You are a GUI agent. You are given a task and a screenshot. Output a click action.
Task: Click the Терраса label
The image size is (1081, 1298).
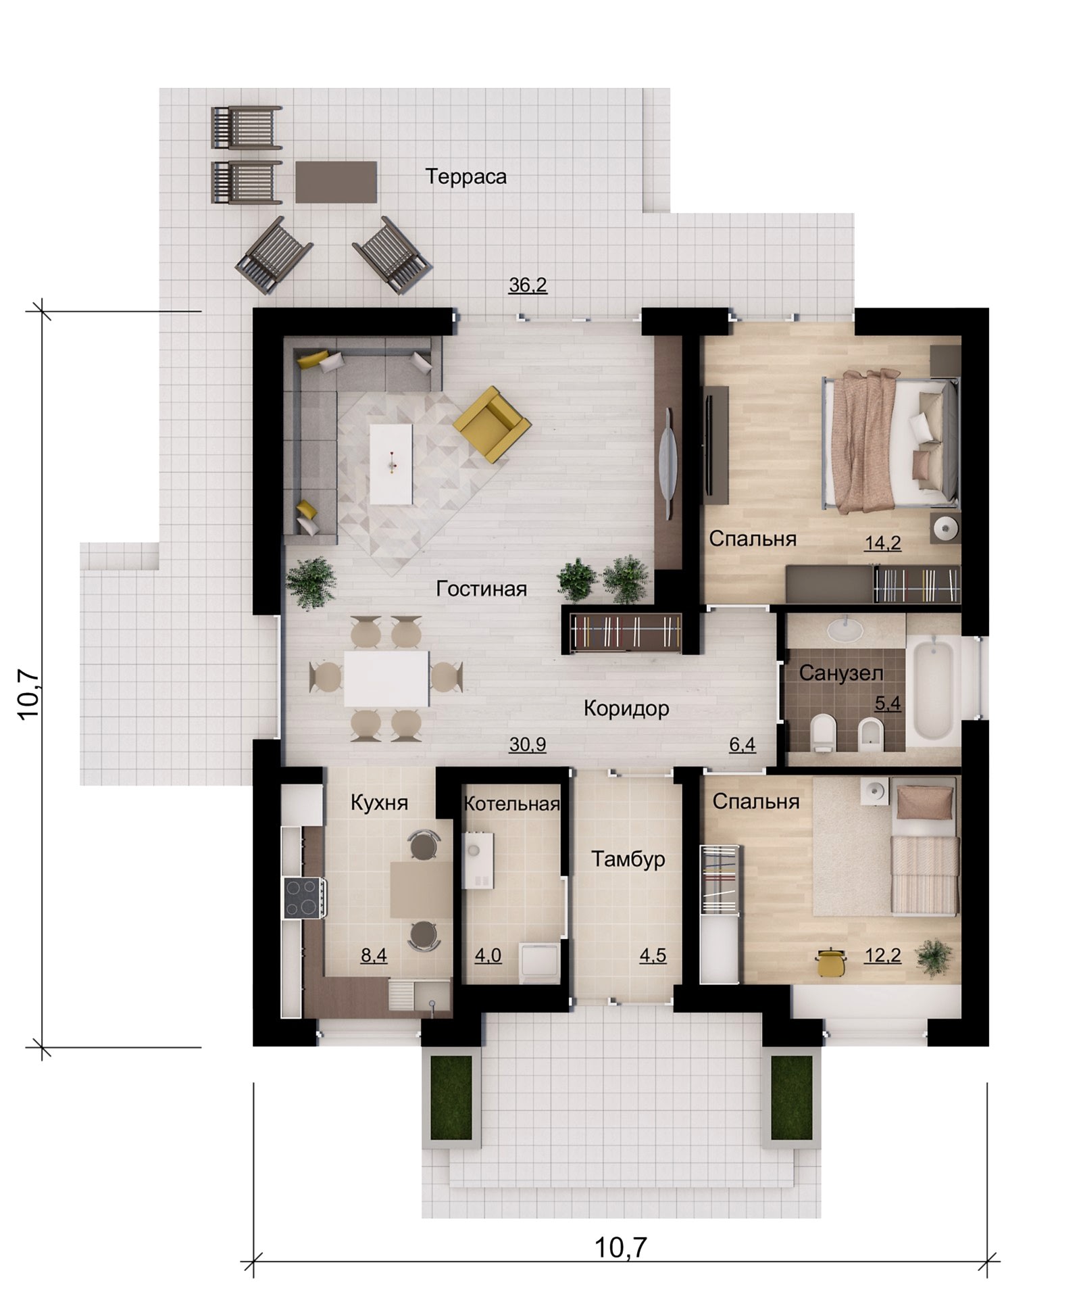click(x=466, y=176)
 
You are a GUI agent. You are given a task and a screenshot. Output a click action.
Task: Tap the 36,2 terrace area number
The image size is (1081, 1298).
click(x=528, y=285)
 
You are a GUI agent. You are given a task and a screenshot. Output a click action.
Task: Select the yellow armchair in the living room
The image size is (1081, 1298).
click(x=492, y=425)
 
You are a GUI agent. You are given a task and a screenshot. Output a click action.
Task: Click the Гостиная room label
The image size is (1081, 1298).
click(x=481, y=589)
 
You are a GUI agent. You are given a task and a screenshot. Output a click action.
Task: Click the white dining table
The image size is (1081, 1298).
click(x=386, y=678)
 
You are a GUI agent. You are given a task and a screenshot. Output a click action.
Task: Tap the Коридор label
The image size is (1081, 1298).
click(x=626, y=708)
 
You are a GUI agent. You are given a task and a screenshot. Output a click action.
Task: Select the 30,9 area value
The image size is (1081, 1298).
click(x=528, y=744)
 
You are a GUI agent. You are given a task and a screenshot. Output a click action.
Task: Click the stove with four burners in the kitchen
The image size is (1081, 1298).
click(x=304, y=898)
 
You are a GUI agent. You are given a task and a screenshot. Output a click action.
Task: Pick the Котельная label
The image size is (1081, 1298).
click(x=512, y=804)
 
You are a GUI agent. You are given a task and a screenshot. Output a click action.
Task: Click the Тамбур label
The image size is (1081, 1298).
click(x=628, y=859)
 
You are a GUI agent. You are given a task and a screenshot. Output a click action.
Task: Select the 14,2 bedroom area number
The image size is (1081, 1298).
click(x=884, y=543)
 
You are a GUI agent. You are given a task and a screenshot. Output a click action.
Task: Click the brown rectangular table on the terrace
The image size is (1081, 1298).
click(x=336, y=182)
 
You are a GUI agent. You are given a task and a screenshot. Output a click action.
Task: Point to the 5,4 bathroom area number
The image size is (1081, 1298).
click(x=888, y=704)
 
